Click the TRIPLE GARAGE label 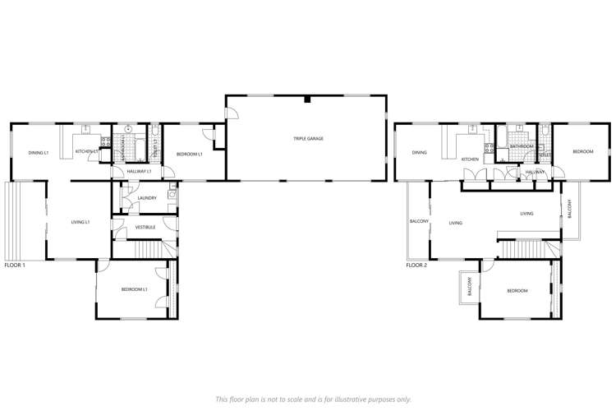point(308,139)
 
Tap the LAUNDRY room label point(147,197)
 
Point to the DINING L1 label point(39,152)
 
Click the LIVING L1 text point(80,222)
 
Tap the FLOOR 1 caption point(15,266)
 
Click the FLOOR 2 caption point(416,266)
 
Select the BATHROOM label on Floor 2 point(521,146)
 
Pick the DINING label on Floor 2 point(419,152)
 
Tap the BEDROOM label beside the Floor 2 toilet point(582,152)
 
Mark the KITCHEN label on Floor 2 point(469,159)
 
